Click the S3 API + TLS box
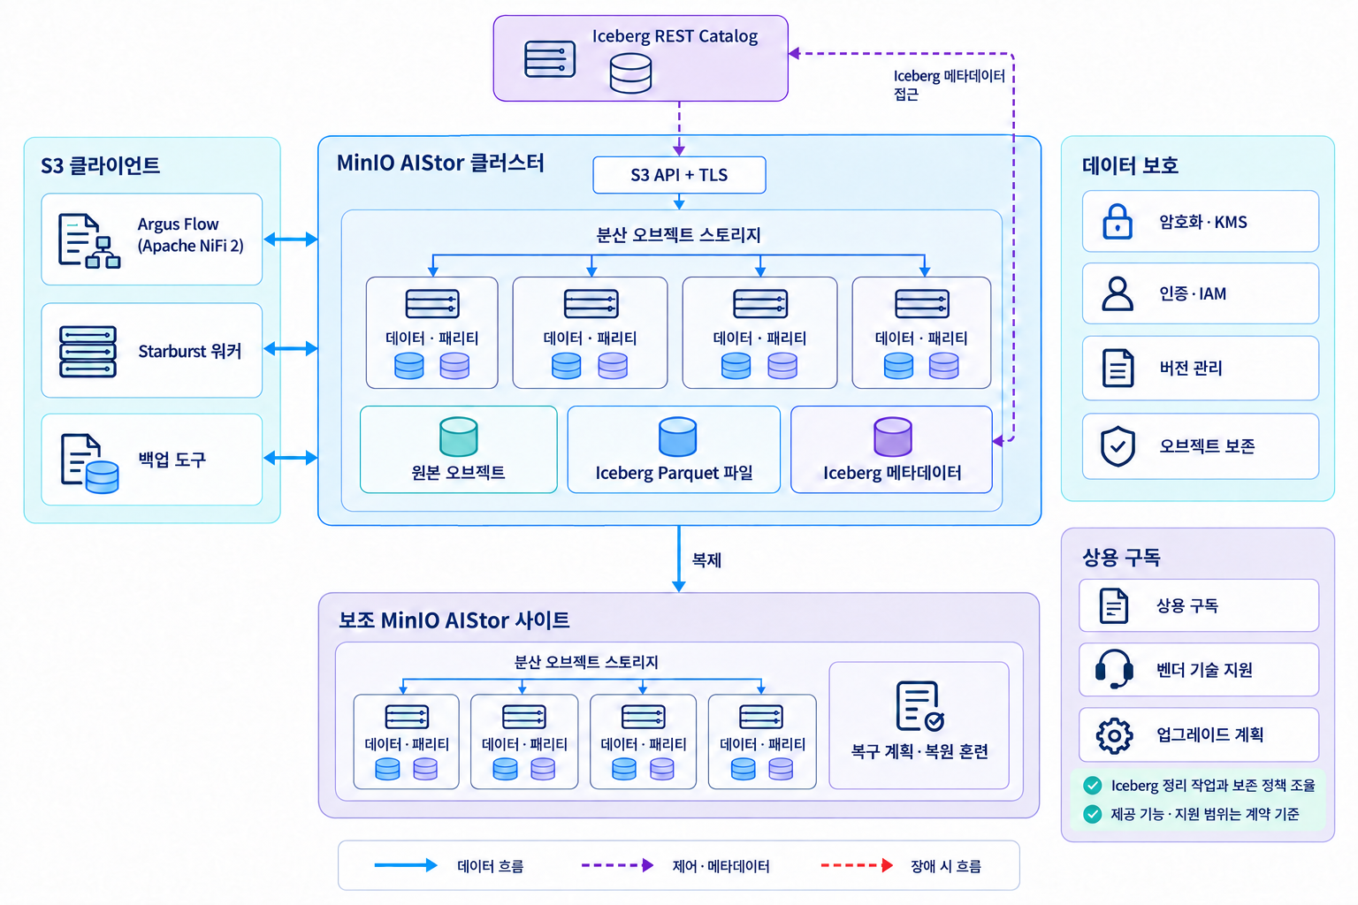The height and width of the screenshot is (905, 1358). click(679, 175)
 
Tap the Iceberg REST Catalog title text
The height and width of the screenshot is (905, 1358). click(675, 36)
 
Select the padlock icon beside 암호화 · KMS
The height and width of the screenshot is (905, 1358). click(1118, 221)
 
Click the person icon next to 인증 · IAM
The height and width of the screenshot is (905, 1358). click(1118, 294)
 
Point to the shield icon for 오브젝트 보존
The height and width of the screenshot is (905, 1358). click(1118, 446)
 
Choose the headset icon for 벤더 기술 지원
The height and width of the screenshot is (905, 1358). click(1114, 669)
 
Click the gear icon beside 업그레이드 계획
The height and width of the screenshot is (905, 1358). click(1114, 736)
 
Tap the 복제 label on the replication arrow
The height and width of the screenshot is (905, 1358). click(707, 560)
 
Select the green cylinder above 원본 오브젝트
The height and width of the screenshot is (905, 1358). click(458, 437)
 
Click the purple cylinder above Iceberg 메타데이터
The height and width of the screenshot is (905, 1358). click(892, 437)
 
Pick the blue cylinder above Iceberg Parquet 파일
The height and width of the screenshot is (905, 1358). click(677, 437)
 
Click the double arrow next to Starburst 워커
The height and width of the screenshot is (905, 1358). click(290, 348)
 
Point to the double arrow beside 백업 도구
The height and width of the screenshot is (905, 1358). click(290, 458)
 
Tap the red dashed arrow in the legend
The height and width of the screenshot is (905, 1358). click(857, 865)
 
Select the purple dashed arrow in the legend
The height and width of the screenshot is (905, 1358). click(617, 865)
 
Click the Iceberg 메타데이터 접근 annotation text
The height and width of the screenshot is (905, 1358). click(949, 85)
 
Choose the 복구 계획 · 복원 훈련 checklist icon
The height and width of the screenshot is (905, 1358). click(919, 706)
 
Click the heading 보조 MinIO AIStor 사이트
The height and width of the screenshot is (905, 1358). click(454, 620)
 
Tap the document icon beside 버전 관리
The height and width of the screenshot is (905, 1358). click(1118, 368)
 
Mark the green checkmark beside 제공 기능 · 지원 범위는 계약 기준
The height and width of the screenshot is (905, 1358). click(1093, 813)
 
